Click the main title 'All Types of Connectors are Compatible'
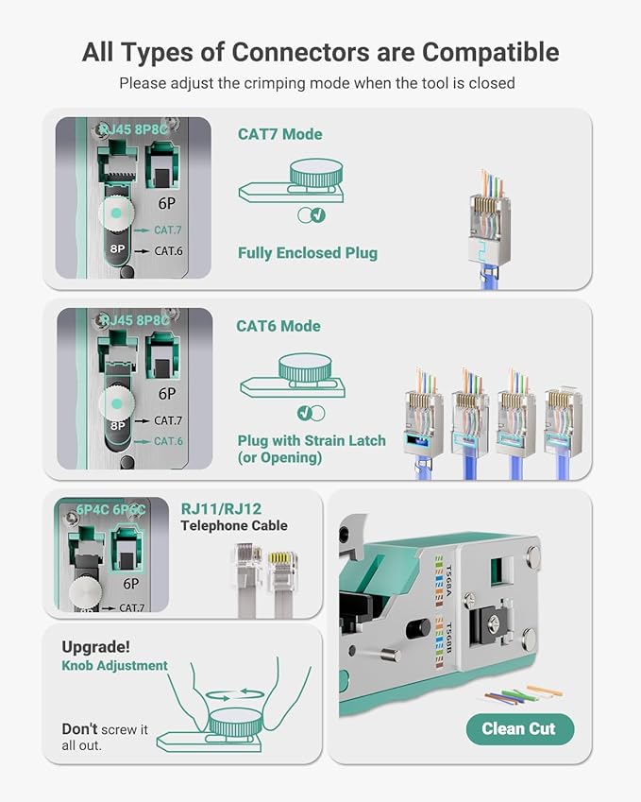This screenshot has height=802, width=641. point(320,51)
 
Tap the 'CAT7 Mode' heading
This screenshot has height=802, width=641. point(279,134)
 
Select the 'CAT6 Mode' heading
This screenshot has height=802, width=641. point(278,326)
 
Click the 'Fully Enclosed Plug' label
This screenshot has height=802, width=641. point(308,252)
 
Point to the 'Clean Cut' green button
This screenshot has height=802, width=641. point(518,728)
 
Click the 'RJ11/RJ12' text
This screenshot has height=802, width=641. point(218,508)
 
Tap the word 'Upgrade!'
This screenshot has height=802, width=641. point(95,647)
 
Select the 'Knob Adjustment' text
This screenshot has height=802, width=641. point(114,666)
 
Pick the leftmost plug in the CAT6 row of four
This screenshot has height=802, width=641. point(424,416)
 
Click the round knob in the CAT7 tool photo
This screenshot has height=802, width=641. point(115,213)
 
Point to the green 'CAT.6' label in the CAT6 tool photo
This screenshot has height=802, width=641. point(167,441)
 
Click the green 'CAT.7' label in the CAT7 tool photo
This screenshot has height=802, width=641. point(167,230)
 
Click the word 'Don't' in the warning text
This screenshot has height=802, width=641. point(80,729)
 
